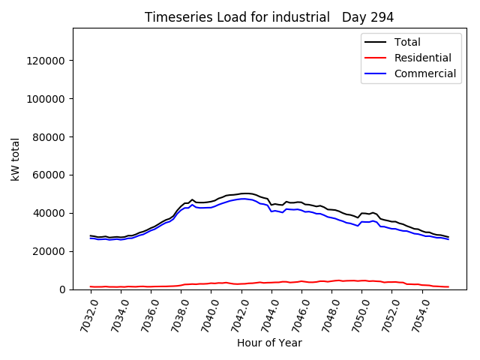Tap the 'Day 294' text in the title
367,17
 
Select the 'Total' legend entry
407,42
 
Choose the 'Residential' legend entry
422,58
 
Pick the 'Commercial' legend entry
424,73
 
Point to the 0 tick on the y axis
62,289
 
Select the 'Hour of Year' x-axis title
269,343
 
